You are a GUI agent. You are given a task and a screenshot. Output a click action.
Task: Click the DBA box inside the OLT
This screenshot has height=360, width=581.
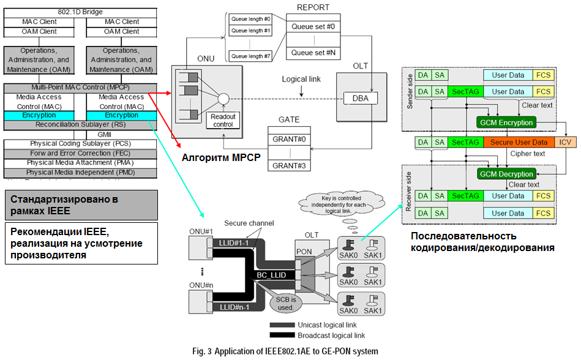(360, 99)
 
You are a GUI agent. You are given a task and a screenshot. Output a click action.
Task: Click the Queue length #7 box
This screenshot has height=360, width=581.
(250, 56)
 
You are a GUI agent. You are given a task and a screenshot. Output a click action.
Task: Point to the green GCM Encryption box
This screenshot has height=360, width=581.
(505, 122)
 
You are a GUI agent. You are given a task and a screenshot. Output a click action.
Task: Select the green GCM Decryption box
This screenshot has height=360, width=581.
(505, 173)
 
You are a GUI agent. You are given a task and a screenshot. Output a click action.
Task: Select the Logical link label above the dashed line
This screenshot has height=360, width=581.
(301, 80)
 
